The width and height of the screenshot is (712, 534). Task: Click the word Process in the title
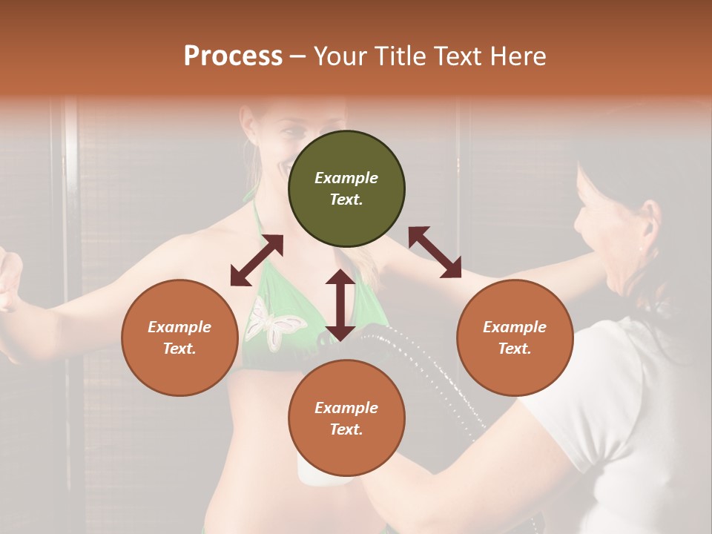[x=233, y=56]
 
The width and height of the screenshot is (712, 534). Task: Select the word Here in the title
[x=518, y=56]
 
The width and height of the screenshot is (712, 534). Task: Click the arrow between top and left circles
[x=257, y=260]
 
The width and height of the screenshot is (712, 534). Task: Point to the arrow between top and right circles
[x=435, y=252]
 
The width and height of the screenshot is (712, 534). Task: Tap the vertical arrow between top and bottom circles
[x=340, y=305]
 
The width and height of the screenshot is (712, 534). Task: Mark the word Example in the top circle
[x=346, y=178]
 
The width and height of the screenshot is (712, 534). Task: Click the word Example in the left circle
[x=179, y=327]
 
